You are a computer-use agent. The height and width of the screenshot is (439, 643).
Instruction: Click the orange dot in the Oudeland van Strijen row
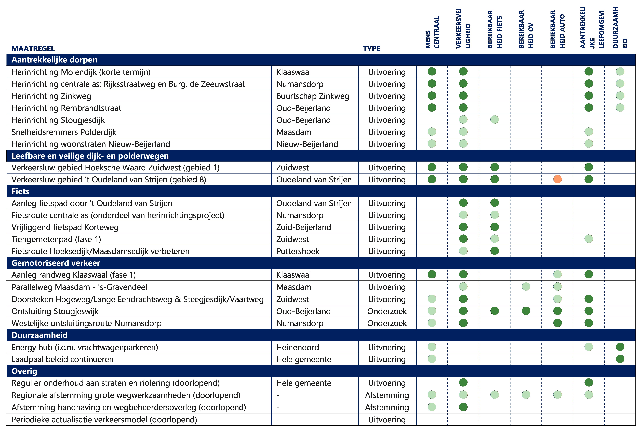point(557,179)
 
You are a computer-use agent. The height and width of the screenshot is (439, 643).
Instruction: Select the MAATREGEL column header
point(33,49)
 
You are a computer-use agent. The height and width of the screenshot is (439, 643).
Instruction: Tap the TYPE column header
point(371,49)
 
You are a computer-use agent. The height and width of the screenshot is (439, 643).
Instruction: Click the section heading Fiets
point(20,191)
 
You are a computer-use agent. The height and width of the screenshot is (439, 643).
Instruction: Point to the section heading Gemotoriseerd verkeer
point(56,263)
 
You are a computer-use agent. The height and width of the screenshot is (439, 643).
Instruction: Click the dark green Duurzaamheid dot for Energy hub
point(620,347)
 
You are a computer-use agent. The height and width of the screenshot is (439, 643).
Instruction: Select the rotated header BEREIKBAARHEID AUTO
point(557,29)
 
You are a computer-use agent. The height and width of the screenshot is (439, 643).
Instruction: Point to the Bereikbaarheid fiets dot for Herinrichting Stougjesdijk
point(494,120)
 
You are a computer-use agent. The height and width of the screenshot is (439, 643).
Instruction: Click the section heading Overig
point(24,371)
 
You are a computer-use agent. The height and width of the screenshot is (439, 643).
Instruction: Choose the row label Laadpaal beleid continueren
point(63,359)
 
